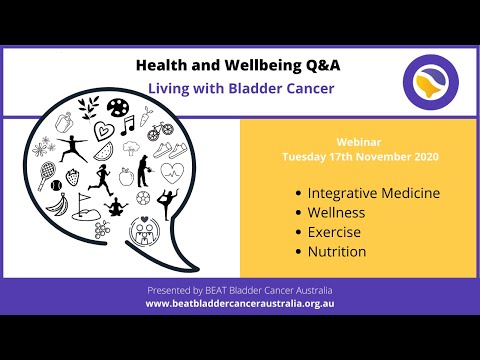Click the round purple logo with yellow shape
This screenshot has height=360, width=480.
[x=430, y=83]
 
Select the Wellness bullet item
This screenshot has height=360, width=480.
[x=337, y=212]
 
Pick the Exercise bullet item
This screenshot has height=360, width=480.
[x=336, y=231]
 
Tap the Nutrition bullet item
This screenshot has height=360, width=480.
[x=338, y=250]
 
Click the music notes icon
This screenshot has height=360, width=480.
[x=127, y=124]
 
